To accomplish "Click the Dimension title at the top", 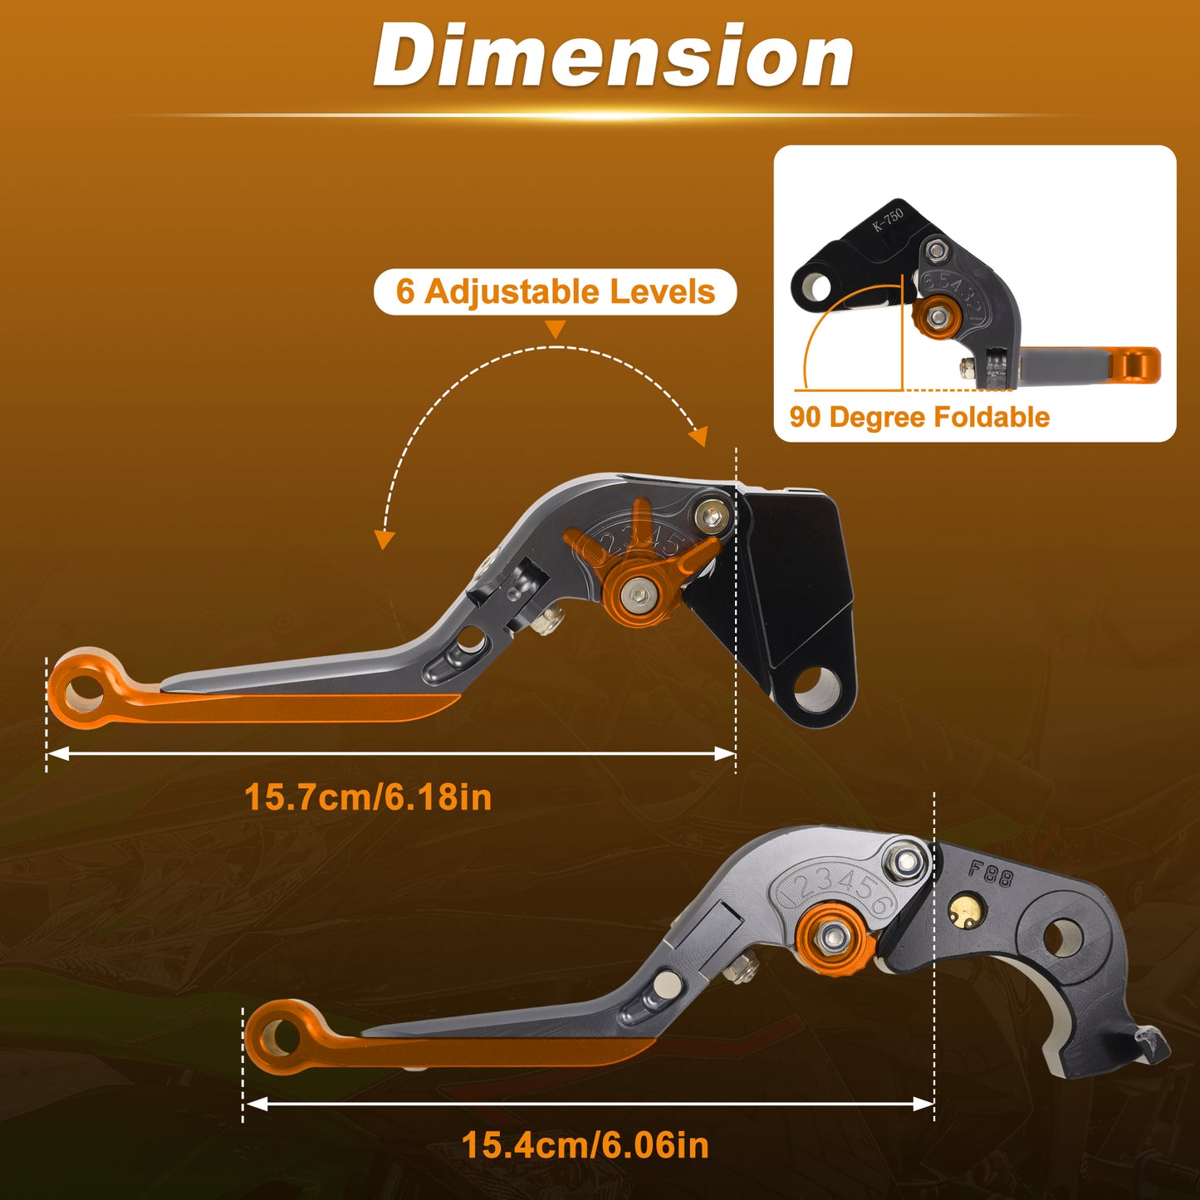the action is [x=614, y=56].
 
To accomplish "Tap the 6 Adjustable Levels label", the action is [x=555, y=291].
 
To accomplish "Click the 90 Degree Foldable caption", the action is [x=919, y=417].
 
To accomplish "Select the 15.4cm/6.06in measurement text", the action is [x=585, y=1144].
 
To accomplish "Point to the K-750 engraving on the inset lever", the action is [x=888, y=220].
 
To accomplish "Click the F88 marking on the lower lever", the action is [x=991, y=874].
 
